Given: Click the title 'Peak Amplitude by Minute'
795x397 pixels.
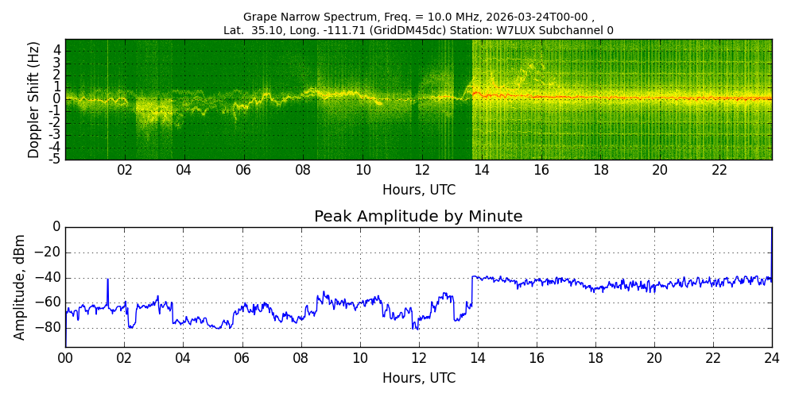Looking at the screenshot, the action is (418, 217).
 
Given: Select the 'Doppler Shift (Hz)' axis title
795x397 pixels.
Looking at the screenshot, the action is (33, 98).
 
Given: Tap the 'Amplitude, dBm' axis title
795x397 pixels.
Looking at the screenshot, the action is (19, 287).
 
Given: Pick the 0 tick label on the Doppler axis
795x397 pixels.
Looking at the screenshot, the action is (58, 98).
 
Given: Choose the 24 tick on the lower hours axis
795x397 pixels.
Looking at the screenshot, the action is (772, 357).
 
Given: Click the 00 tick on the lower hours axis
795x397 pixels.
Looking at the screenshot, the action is (65, 357).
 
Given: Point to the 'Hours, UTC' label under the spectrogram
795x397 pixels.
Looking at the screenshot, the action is (419, 191).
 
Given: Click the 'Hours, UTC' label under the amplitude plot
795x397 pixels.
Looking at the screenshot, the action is (419, 378).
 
